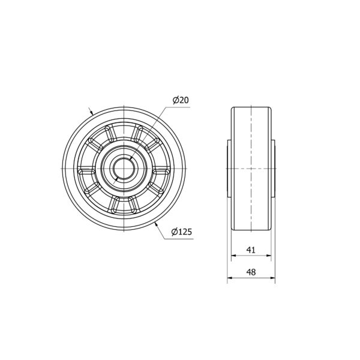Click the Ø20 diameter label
pos(181,100)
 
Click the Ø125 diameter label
pos(181,232)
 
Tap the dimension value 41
pos(251,250)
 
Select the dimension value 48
pos(251,272)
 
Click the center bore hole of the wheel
pos(124,169)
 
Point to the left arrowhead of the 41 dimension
pos(233,256)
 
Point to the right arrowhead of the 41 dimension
pos(269,256)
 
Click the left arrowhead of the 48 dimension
pos(230,278)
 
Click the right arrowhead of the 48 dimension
pos(272,278)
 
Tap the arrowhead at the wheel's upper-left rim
pos(92,112)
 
